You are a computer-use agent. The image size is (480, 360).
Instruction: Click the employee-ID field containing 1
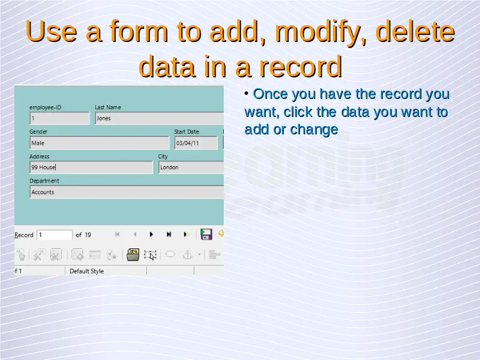(x=59, y=118)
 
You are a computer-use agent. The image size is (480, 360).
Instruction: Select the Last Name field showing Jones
(x=160, y=118)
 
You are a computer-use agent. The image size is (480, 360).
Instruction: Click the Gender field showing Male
(x=100, y=143)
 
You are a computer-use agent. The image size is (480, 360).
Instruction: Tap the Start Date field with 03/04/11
(x=196, y=143)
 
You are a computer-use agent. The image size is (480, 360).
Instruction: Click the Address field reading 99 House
(x=91, y=167)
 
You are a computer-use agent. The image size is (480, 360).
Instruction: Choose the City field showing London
(x=191, y=167)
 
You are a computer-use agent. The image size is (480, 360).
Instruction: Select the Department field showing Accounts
(x=127, y=192)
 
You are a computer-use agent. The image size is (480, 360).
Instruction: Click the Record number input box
(x=55, y=235)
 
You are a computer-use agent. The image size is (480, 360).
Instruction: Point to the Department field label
(x=44, y=181)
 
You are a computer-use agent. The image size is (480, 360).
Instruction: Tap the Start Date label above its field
(x=187, y=131)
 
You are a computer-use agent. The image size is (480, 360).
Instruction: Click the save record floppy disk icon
(x=206, y=234)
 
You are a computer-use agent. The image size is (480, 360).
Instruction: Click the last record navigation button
(x=169, y=235)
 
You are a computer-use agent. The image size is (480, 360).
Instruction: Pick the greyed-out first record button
(x=117, y=235)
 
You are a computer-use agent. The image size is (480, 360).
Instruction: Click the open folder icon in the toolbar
(x=133, y=254)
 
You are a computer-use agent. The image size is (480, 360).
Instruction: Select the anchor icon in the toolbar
(x=187, y=254)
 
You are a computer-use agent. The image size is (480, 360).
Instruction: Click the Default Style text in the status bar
(x=86, y=271)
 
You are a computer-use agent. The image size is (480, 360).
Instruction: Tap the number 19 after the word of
(x=88, y=235)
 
